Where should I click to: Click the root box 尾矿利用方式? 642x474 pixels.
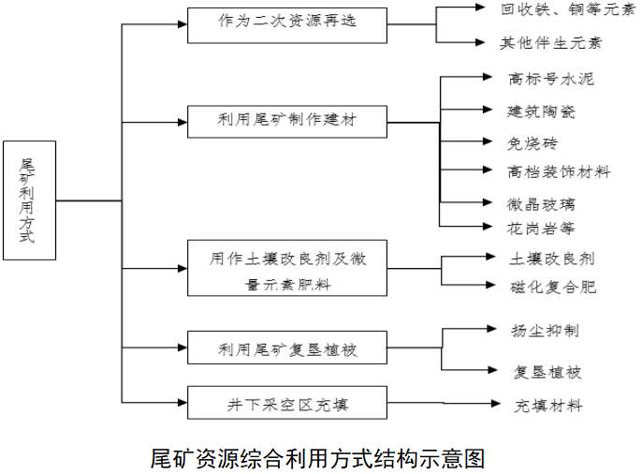click(29, 200)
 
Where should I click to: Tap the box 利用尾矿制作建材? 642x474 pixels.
click(287, 122)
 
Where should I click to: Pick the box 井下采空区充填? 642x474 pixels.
click(287, 405)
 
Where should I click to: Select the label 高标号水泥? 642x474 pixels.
click(550, 80)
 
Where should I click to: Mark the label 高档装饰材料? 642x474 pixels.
click(559, 171)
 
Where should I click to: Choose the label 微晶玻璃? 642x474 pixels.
click(542, 203)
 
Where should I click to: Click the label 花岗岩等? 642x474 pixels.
click(541, 228)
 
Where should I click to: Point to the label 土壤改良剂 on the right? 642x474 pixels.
click(551, 258)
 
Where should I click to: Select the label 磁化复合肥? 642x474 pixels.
click(552, 287)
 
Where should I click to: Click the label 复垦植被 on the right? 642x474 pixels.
click(547, 372)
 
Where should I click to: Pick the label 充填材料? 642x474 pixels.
click(548, 406)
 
